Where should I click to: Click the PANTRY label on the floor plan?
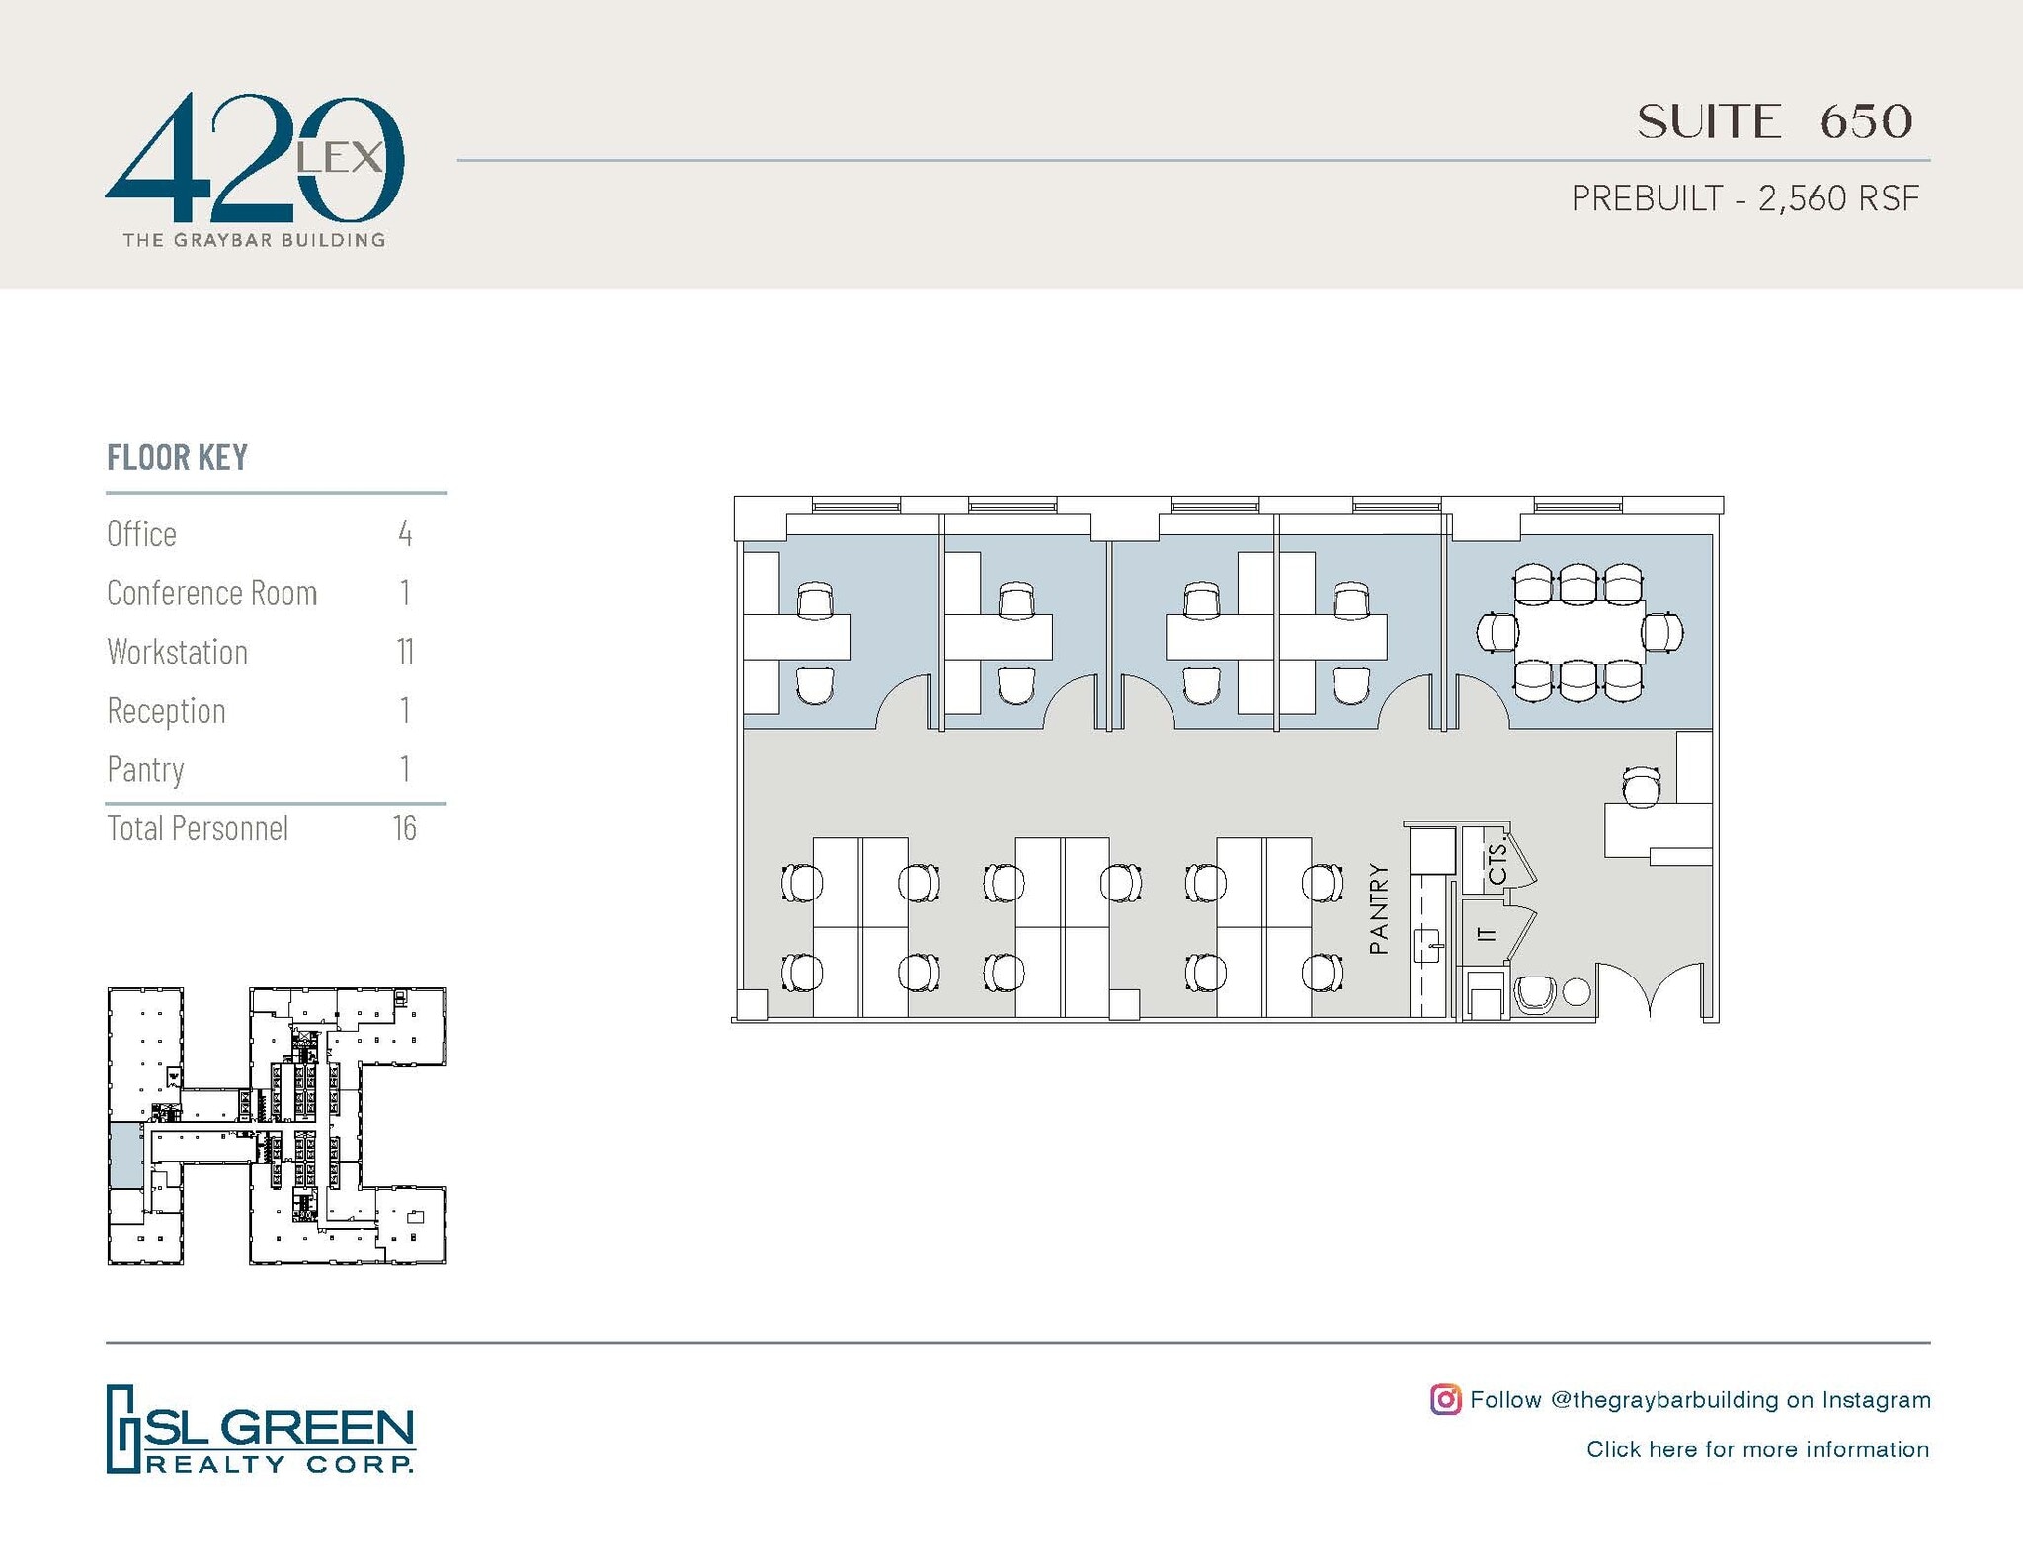(1379, 909)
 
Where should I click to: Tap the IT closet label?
(1485, 933)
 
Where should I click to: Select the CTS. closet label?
(1497, 862)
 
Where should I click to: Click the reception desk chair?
(1642, 786)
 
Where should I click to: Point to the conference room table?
(1578, 632)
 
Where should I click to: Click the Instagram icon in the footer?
(1445, 1399)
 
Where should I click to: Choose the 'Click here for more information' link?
(1757, 1449)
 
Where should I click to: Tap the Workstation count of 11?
(405, 652)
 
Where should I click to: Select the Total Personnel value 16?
(405, 828)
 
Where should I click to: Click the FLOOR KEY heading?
(178, 458)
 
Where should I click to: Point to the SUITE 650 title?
(1774, 122)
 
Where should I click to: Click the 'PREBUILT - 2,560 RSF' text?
(1744, 198)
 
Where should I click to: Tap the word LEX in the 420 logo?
(341, 157)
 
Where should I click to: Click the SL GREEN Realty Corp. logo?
(261, 1429)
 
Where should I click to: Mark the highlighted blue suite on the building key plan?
(124, 1154)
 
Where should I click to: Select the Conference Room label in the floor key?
(212, 593)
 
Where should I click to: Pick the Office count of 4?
(405, 534)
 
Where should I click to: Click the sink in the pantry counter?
(1426, 945)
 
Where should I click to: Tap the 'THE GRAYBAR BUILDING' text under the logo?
(254, 240)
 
